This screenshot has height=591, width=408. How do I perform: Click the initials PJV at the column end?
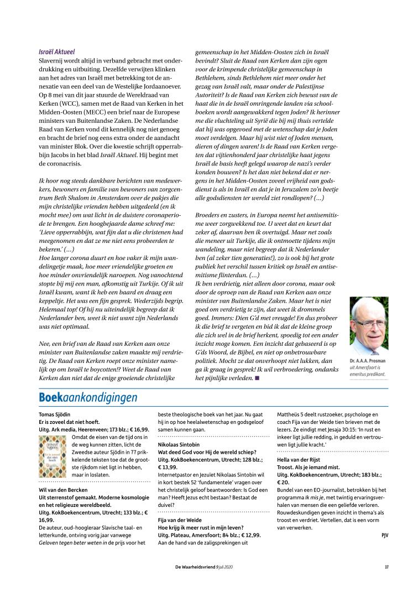click(384, 535)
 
